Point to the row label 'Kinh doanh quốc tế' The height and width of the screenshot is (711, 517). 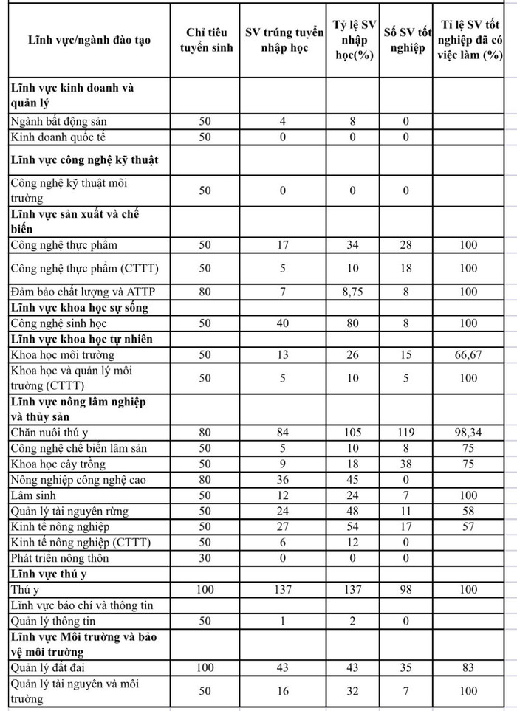(x=60, y=137)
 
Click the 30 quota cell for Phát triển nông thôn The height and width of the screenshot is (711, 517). (x=206, y=557)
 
